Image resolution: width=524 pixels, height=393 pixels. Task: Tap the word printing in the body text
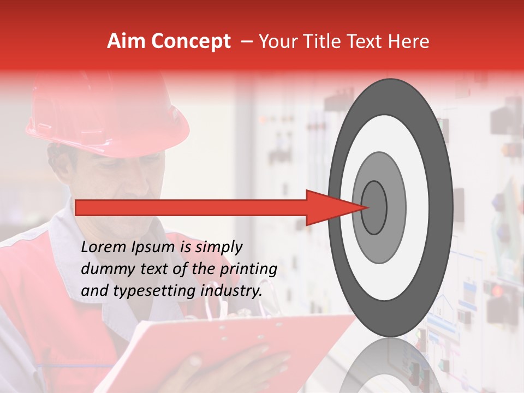pyautogui.click(x=249, y=269)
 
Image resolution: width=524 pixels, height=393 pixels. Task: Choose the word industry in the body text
pyautogui.click(x=232, y=291)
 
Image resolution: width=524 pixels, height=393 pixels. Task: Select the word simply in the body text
pyautogui.click(x=218, y=247)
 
